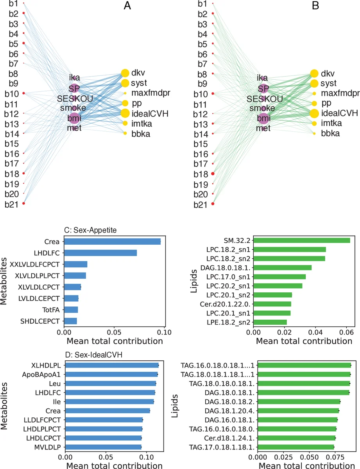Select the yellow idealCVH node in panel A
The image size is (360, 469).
125,113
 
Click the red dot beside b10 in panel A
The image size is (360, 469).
23,93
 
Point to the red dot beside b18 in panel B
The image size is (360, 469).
213,173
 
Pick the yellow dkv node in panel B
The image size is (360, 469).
314,73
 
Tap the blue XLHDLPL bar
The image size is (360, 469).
112,365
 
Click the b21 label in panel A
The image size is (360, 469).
12,204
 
